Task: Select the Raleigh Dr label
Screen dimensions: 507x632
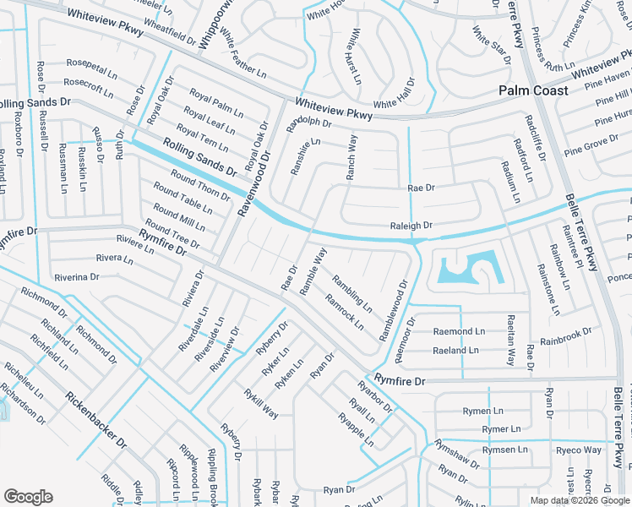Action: pos(411,226)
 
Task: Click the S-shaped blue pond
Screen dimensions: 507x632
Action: pos(470,270)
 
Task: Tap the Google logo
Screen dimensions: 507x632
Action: pos(28,496)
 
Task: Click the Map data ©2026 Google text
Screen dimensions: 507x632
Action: pos(579,500)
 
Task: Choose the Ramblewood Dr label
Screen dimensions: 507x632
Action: pos(394,311)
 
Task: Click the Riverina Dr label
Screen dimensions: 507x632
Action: pos(77,276)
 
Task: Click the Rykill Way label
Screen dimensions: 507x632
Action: pos(261,402)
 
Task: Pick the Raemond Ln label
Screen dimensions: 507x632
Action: pos(459,331)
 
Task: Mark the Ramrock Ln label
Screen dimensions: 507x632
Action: pos(344,313)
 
